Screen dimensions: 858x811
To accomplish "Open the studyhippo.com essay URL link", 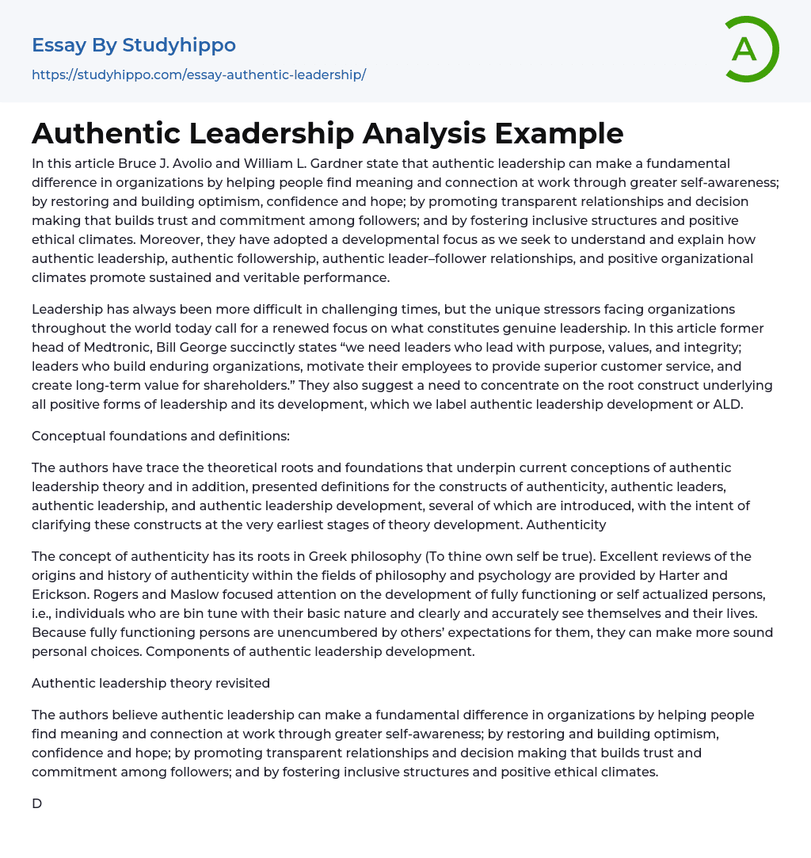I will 199,74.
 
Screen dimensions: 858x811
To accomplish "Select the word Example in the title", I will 559,133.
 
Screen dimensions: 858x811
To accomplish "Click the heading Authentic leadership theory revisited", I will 150,683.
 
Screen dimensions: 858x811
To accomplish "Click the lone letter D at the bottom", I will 36,803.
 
